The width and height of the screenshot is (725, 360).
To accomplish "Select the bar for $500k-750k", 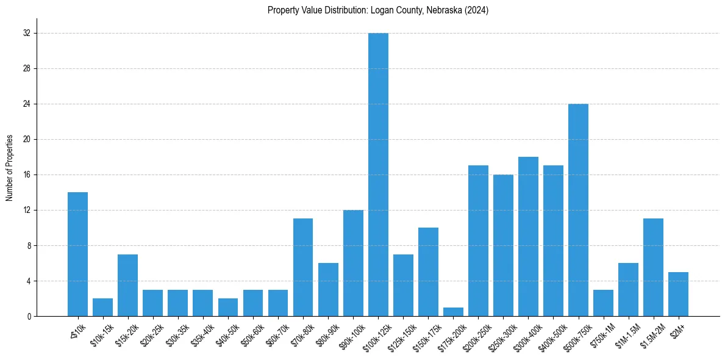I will (x=578, y=210).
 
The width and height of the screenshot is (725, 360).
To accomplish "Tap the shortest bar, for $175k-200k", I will (x=453, y=312).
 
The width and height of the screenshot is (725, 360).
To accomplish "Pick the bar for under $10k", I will (x=77, y=254).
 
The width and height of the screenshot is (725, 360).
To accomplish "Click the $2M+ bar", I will (x=678, y=294).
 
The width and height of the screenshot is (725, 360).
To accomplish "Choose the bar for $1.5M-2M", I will (x=653, y=267).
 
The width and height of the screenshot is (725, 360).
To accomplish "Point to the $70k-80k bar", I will (x=303, y=267).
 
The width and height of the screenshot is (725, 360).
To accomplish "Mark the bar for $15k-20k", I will (x=127, y=285).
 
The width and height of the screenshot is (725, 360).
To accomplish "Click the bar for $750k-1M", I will (x=603, y=303).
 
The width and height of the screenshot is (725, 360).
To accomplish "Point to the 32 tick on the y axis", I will (x=27, y=33).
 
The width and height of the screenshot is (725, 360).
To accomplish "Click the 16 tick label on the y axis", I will (x=27, y=175).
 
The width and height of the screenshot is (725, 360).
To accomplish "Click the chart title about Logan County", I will (x=378, y=10).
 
